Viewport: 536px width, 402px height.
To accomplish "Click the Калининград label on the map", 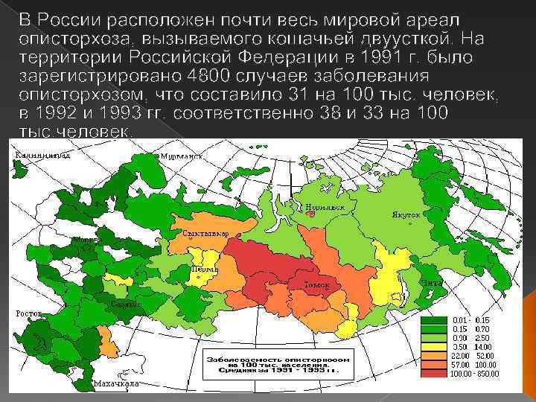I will pyautogui.click(x=43, y=155).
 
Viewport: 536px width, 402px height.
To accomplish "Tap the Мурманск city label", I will pyautogui.click(x=182, y=157).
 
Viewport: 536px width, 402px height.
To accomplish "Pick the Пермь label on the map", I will pyautogui.click(x=205, y=269).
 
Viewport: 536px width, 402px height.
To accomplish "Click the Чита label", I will pyautogui.click(x=433, y=284).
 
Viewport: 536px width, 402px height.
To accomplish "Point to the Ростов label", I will pyautogui.click(x=30, y=313).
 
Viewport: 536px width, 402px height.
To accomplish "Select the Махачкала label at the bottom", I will pyautogui.click(x=117, y=383).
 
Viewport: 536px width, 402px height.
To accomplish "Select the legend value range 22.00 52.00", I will pyautogui.click(x=473, y=355).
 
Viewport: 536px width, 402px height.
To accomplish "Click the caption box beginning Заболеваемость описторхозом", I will pyautogui.click(x=273, y=363).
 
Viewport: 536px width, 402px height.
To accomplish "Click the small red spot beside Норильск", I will pyautogui.click(x=303, y=209).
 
